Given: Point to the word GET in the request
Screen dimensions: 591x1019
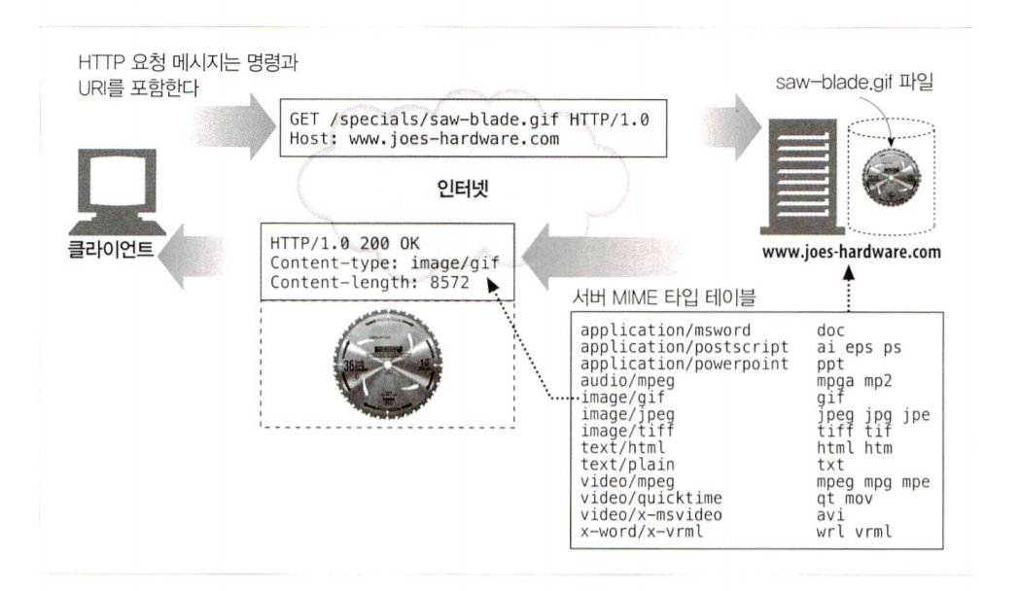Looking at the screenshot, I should click(303, 118).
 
